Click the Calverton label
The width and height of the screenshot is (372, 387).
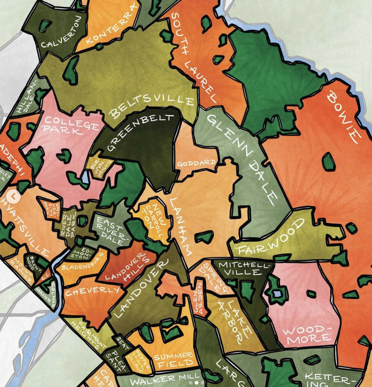[x=61, y=33]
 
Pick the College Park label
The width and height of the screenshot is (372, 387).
[x=71, y=125]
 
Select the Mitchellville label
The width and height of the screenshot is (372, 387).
[x=244, y=268]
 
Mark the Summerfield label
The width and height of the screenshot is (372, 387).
[x=174, y=360]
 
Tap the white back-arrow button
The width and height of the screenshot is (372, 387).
[x=14, y=197]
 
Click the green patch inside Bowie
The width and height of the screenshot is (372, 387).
[x=328, y=162]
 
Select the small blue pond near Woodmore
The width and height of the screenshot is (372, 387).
[x=277, y=294]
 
